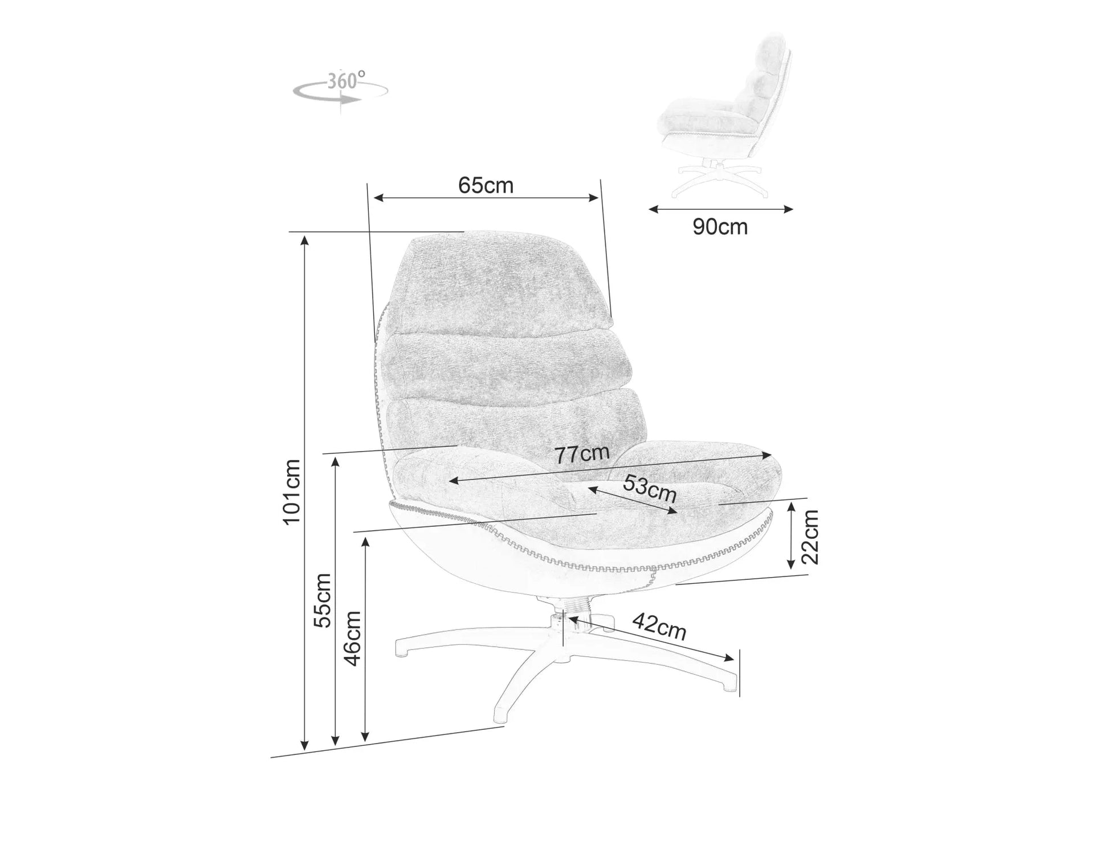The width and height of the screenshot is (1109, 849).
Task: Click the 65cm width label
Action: pyautogui.click(x=486, y=185)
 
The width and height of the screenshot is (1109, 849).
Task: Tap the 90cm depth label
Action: pyautogui.click(x=720, y=227)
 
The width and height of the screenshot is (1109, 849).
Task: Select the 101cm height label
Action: pyautogui.click(x=292, y=492)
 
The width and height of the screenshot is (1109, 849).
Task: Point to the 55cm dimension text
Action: pyautogui.click(x=323, y=600)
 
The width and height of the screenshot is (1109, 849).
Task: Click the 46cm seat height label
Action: pyautogui.click(x=353, y=638)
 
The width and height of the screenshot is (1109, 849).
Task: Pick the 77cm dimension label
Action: pyautogui.click(x=582, y=454)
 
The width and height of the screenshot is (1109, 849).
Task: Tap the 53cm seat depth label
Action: pyautogui.click(x=649, y=488)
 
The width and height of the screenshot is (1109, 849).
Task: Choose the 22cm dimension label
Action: pyautogui.click(x=810, y=537)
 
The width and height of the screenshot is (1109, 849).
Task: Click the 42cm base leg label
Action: pyautogui.click(x=659, y=627)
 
